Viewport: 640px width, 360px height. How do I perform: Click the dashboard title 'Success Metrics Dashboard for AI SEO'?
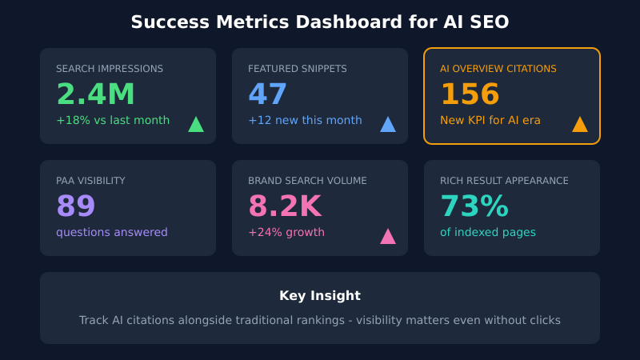pos(320,22)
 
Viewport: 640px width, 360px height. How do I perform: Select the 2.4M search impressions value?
pos(95,94)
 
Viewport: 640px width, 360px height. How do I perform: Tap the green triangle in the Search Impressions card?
pos(196,125)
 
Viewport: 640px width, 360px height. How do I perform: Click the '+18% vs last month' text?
pos(113,120)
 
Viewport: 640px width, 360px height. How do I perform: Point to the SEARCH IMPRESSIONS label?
pos(110,69)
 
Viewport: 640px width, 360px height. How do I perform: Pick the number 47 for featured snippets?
pos(267,94)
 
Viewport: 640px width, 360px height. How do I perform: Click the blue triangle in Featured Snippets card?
pos(388,125)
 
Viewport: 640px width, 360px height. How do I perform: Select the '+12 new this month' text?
pos(305,120)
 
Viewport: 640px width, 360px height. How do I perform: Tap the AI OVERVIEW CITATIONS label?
pos(498,69)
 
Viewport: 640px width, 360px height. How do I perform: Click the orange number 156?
pos(470,94)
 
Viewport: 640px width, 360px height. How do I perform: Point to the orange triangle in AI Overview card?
pos(580,125)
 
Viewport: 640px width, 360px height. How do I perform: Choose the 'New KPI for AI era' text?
pos(490,120)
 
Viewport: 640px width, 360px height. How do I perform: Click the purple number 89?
pos(76,206)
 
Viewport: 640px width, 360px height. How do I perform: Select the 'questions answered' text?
pos(112,232)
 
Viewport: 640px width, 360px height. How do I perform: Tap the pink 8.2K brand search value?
pos(285,206)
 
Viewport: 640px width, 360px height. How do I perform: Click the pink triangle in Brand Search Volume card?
pos(388,237)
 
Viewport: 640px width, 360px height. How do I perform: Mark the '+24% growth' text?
pos(286,232)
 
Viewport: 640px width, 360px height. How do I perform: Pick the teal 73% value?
pos(474,206)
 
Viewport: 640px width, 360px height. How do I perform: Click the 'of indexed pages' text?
pos(488,232)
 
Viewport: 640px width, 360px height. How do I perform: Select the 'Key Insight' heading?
pos(320,295)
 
